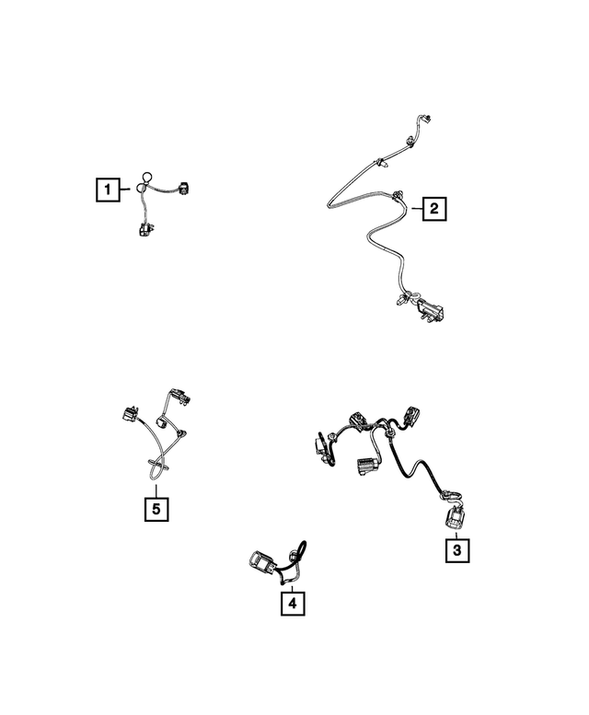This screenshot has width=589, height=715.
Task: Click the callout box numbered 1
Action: pyautogui.click(x=108, y=190)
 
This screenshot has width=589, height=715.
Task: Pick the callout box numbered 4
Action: pyautogui.click(x=292, y=604)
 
